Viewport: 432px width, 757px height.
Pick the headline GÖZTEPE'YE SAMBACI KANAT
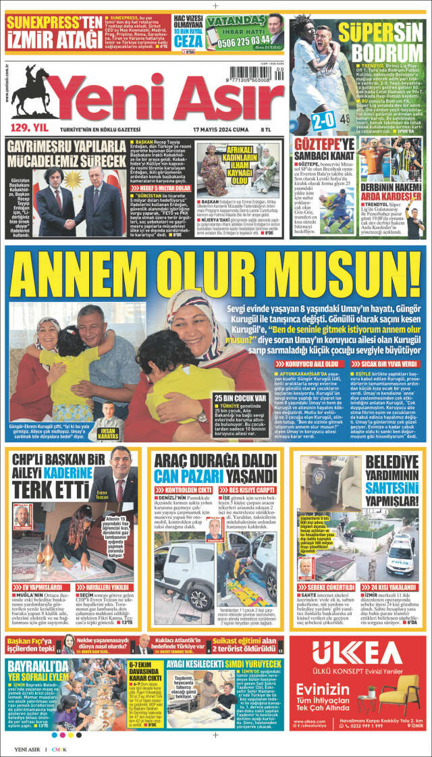324,149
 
